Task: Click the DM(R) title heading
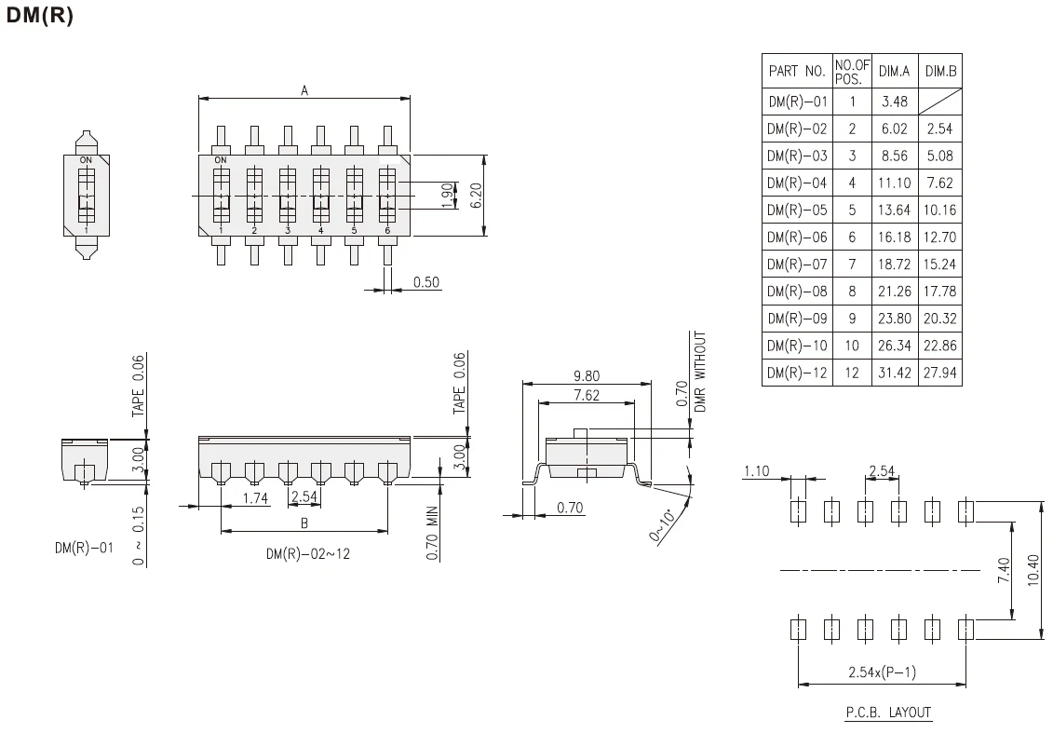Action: (39, 18)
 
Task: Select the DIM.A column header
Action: (893, 71)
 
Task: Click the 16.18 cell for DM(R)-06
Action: (894, 238)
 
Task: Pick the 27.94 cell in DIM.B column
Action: (940, 373)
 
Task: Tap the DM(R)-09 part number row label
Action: (796, 319)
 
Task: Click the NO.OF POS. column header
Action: (851, 71)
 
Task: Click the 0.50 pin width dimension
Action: (425, 282)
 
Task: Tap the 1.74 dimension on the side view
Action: (255, 498)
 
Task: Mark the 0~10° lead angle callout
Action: (662, 525)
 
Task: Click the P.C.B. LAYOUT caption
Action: (887, 713)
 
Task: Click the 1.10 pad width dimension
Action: (756, 472)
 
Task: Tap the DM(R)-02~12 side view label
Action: (307, 553)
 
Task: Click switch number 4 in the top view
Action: (320, 230)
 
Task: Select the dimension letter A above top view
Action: (304, 90)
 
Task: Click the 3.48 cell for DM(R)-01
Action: (894, 102)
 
